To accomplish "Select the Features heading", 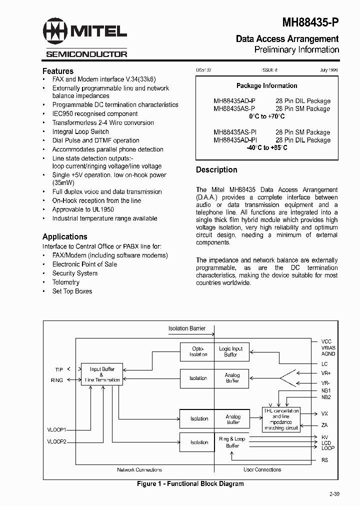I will pyautogui.click(x=58, y=71).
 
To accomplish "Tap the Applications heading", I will pyautogui.click(x=64, y=236).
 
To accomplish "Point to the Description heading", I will pyautogui.click(x=216, y=169).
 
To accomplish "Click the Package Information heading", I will pyautogui.click(x=266, y=85).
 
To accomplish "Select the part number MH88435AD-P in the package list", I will pyautogui.click(x=234, y=100).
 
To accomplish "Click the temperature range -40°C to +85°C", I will pyautogui.click(x=266, y=148).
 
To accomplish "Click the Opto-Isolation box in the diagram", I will pyautogui.click(x=198, y=351).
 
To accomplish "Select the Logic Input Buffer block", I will pyautogui.click(x=231, y=351).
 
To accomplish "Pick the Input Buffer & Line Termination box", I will pyautogui.click(x=102, y=374).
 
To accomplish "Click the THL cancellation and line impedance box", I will pyautogui.click(x=281, y=419).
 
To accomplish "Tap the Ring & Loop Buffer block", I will pyautogui.click(x=232, y=442).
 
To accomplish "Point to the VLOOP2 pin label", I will pyautogui.click(x=56, y=442).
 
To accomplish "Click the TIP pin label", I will pyautogui.click(x=59, y=369).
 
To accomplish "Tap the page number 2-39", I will pyautogui.click(x=334, y=494).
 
